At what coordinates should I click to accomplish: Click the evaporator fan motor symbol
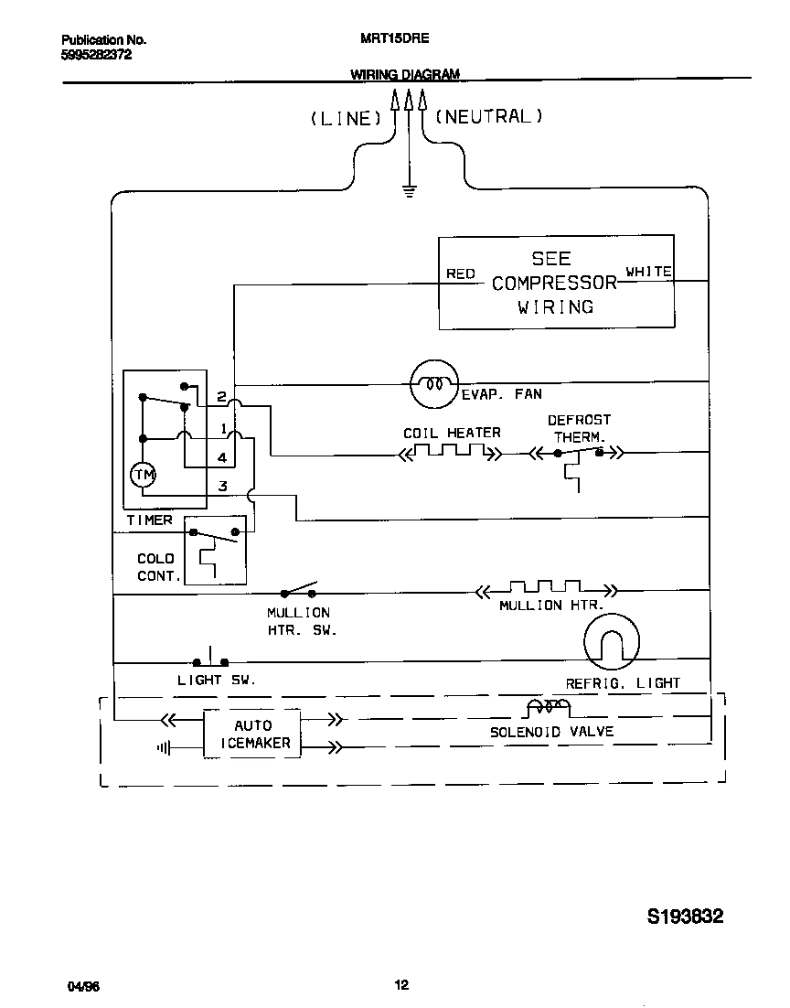[x=432, y=383]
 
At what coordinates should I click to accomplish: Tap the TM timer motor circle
[x=142, y=474]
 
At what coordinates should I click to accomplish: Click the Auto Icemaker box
[x=252, y=734]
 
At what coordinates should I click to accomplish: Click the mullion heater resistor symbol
[x=546, y=590]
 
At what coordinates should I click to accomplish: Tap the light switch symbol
[x=210, y=659]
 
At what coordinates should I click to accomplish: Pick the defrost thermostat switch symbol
[x=579, y=452]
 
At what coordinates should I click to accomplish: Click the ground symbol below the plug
[x=409, y=190]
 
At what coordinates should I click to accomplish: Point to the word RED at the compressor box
[x=460, y=273]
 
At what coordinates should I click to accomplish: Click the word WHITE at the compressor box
[x=648, y=272]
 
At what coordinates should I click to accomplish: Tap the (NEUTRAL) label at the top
[x=489, y=116]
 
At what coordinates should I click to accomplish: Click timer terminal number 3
[x=222, y=486]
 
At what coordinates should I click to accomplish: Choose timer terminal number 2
[x=221, y=397]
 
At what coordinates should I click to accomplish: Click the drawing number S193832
[x=685, y=917]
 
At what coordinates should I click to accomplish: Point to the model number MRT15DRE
[x=390, y=40]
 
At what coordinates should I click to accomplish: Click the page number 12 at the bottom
[x=401, y=985]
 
